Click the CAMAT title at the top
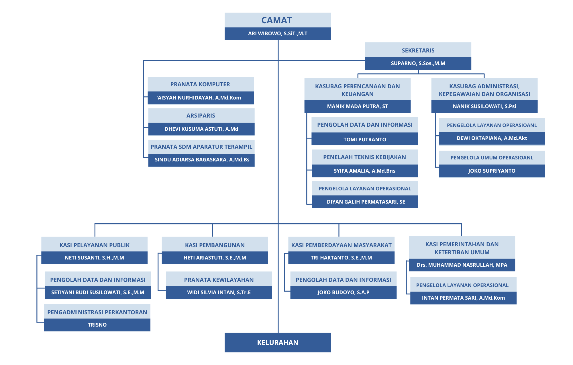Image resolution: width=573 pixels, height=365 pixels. point(276,20)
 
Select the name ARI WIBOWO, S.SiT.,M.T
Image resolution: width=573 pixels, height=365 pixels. point(278,34)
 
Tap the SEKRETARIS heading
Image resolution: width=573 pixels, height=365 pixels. point(418,50)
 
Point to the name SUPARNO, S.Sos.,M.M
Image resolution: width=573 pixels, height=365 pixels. point(418,63)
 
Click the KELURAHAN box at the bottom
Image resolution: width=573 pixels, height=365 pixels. point(278,342)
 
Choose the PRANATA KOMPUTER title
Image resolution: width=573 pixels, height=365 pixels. point(200,84)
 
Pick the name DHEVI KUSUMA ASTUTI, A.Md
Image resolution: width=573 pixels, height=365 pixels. point(201,129)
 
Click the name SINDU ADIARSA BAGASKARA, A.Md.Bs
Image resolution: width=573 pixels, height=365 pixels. point(202,160)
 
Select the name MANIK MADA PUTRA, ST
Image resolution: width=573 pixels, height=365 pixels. point(357,106)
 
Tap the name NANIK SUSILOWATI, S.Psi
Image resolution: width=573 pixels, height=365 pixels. point(484,106)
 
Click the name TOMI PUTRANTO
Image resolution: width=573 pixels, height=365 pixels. point(365,140)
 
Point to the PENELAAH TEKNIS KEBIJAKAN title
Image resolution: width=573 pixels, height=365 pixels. point(364,157)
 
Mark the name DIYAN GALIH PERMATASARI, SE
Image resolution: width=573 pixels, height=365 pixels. point(366,202)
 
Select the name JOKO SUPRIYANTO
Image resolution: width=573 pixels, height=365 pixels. point(492,171)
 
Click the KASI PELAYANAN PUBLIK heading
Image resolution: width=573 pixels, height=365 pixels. point(94,245)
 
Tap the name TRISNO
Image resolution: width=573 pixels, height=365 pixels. point(97,325)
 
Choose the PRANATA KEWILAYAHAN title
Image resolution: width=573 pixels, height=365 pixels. point(219,280)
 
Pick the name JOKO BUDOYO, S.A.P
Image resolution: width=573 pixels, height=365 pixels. point(343,292)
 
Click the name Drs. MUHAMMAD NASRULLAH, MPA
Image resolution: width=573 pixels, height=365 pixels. point(462,265)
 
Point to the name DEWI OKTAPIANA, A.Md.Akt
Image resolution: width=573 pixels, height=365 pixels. point(492,138)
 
